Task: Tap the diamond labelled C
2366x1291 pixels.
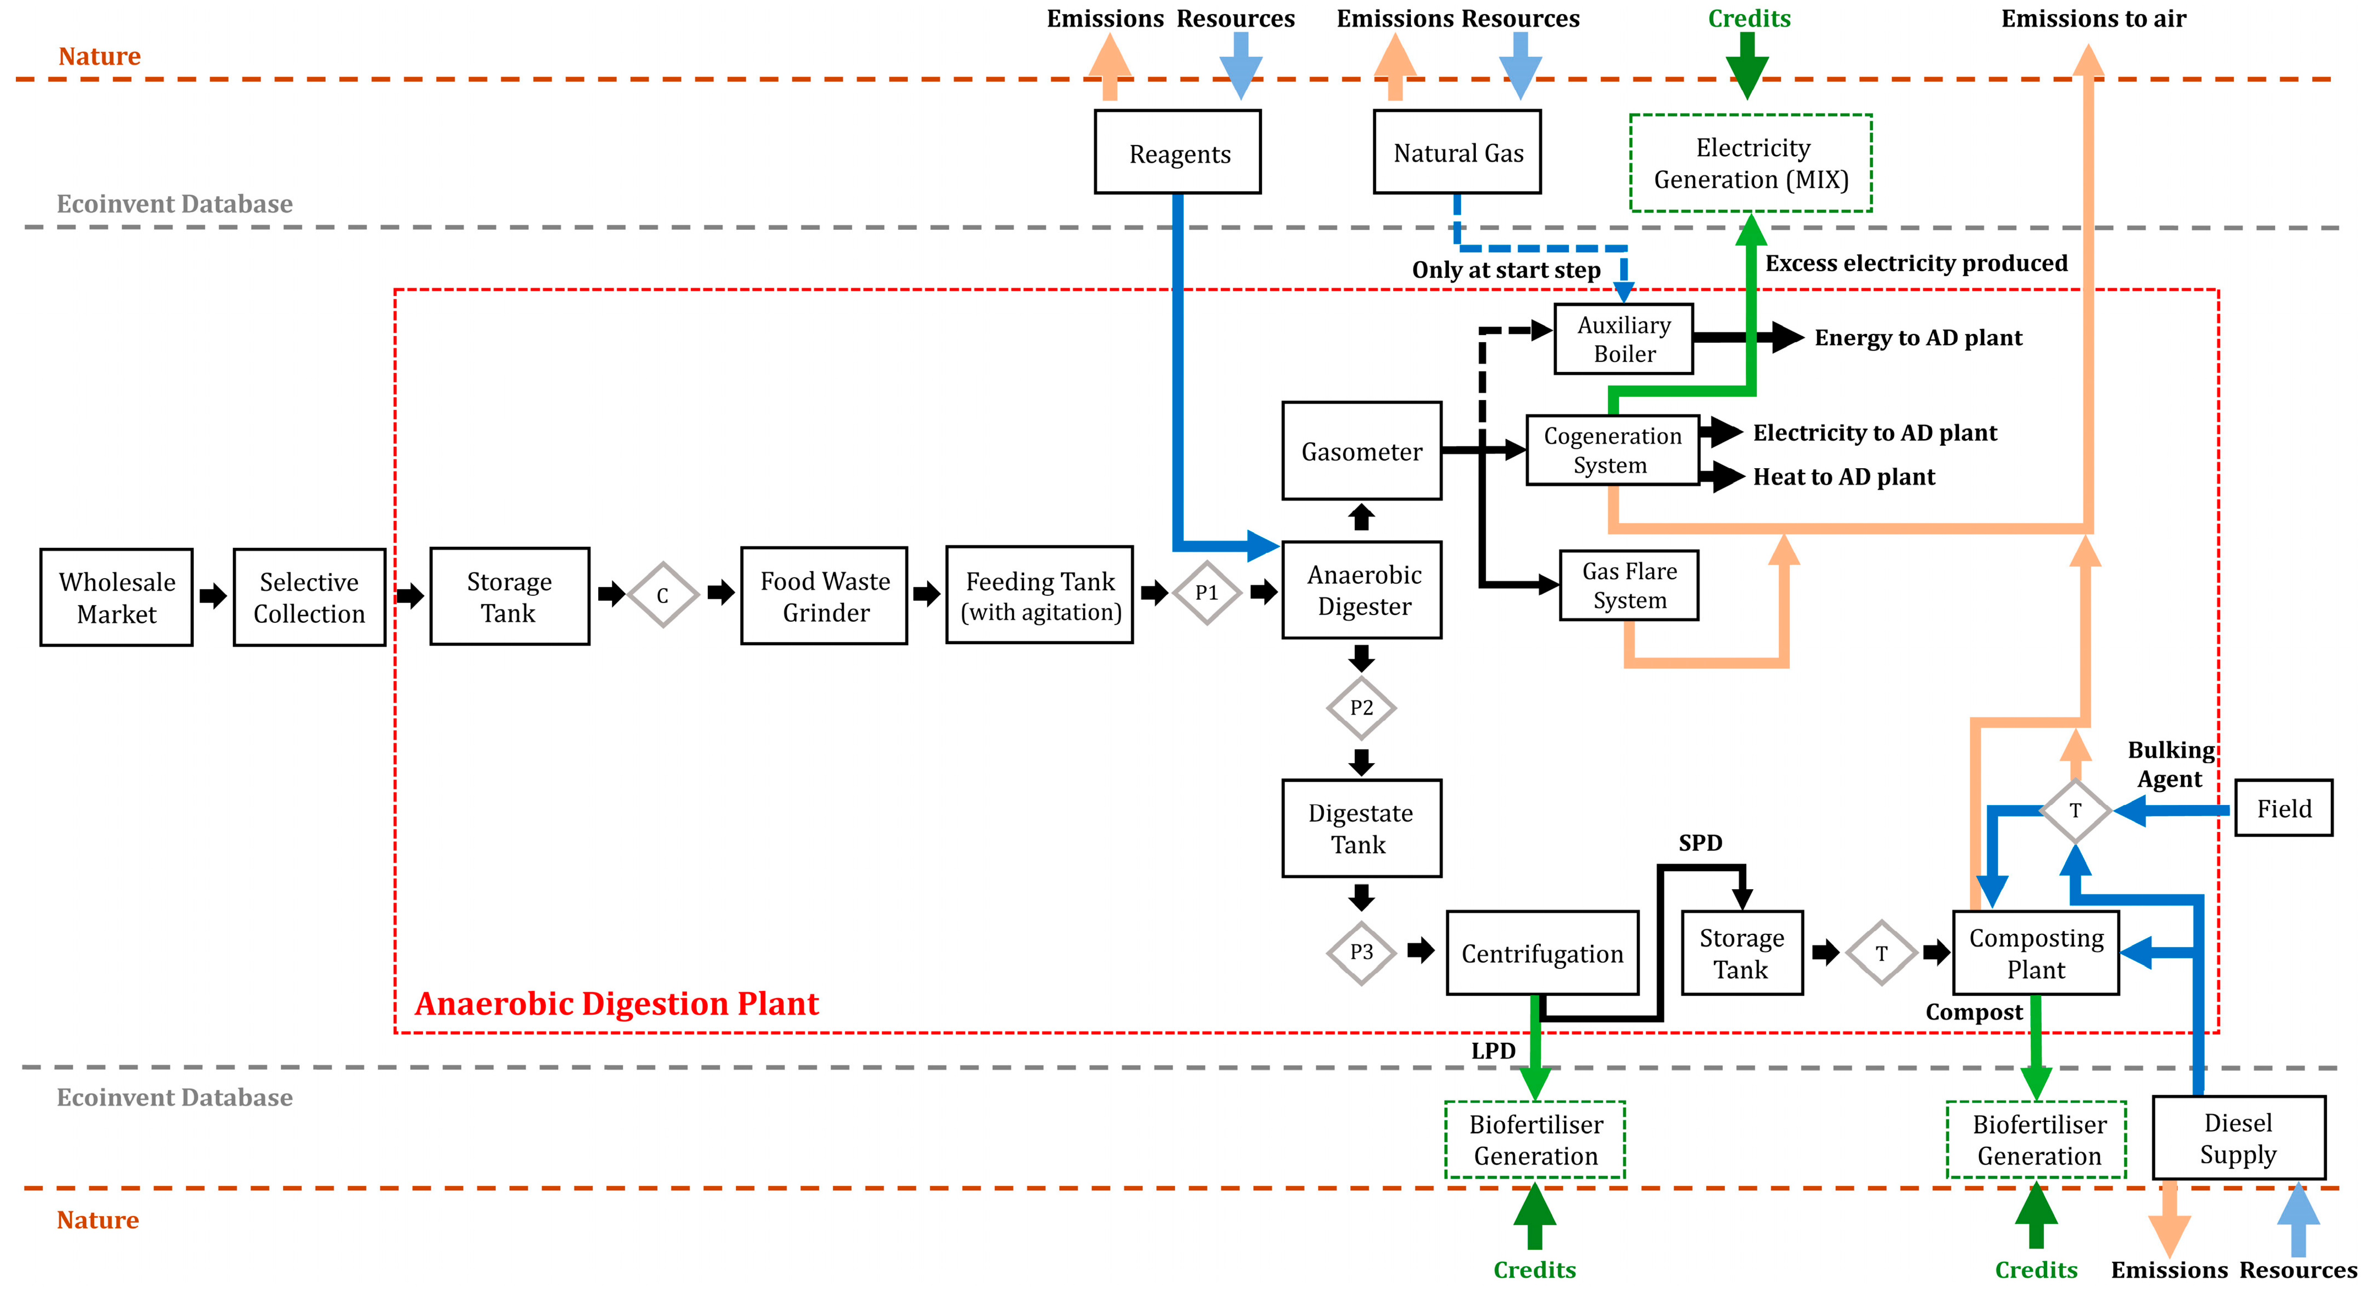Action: (x=662, y=595)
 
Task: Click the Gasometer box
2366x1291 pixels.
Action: (x=1361, y=451)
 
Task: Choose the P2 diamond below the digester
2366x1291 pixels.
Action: (x=1361, y=708)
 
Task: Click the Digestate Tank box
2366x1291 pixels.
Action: (x=1361, y=828)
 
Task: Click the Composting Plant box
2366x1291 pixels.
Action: (x=2035, y=953)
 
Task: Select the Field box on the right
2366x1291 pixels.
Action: (x=2283, y=808)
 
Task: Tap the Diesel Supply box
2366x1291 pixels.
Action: (x=2238, y=1138)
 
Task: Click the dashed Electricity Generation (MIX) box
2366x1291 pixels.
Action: (x=1751, y=163)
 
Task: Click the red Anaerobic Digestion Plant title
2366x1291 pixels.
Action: (x=616, y=1004)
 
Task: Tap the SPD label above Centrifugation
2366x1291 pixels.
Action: (x=1700, y=843)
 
